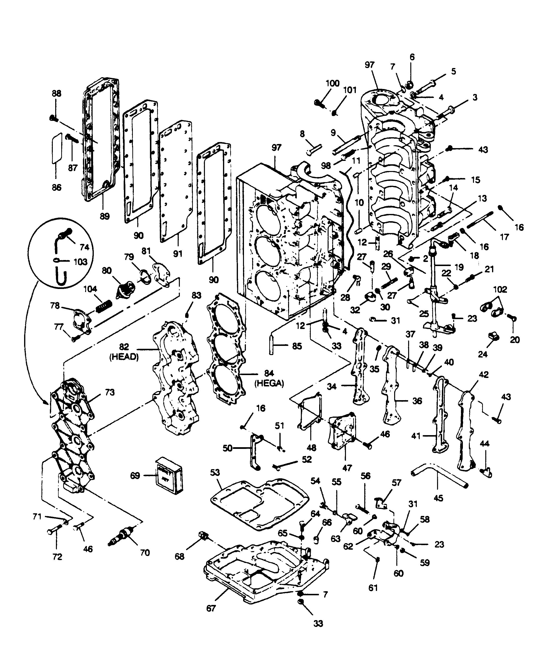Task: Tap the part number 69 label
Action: (x=135, y=475)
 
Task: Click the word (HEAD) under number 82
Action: (x=124, y=357)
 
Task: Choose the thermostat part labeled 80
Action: (x=125, y=288)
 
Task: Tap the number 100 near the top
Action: (x=332, y=83)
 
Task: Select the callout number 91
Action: (x=178, y=253)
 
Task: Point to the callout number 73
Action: (x=110, y=393)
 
